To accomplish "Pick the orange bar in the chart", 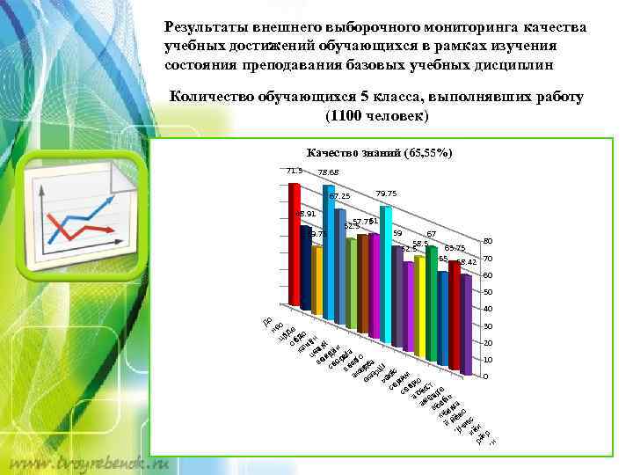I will pyautogui.click(x=317, y=281).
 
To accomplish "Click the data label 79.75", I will pyautogui.click(x=385, y=194).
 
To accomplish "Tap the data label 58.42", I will pyautogui.click(x=466, y=263).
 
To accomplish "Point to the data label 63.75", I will pyautogui.click(x=455, y=249).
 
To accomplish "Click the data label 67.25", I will pyautogui.click(x=339, y=196).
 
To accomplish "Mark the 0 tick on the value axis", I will pyautogui.click(x=484, y=376).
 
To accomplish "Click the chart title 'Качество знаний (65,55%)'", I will pyautogui.click(x=380, y=153).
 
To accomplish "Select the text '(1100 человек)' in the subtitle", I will pyautogui.click(x=376, y=116).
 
